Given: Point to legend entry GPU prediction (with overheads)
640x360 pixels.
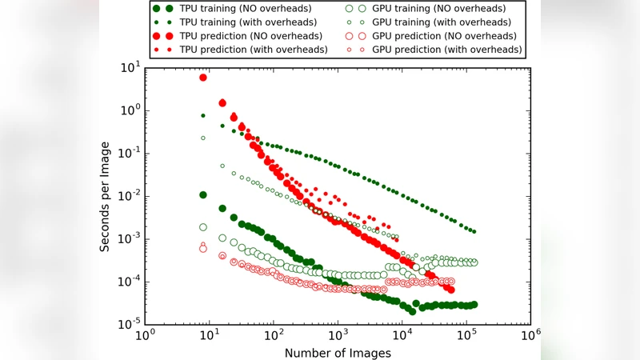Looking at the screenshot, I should [437, 50].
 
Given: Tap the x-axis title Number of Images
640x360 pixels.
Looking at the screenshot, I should [338, 351].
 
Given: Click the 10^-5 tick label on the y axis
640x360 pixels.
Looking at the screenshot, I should [129, 325].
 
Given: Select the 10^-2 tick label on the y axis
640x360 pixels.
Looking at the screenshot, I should [129, 196].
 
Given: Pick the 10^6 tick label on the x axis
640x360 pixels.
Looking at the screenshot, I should [530, 337].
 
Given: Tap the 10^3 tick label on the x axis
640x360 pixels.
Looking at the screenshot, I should [338, 337].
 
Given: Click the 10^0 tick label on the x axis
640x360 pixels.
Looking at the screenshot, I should [145, 337].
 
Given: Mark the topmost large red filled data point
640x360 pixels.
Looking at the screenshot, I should [203, 78].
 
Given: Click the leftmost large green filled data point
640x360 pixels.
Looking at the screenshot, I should [203, 195].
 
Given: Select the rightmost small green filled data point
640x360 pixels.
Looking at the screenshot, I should [474, 231].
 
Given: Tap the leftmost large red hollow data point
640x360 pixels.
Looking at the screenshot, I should [203, 249].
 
